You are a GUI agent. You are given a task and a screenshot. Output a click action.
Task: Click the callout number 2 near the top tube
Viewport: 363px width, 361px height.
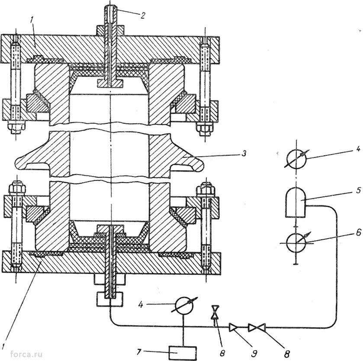tap(143, 15)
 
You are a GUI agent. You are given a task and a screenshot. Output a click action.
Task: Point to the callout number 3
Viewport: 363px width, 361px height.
tap(244, 154)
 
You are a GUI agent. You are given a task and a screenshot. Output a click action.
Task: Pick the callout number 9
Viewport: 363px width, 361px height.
tap(254, 353)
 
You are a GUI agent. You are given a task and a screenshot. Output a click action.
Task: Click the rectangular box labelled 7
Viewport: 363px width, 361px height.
tap(183, 353)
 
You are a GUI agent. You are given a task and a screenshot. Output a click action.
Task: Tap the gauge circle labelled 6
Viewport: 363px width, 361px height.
tap(296, 243)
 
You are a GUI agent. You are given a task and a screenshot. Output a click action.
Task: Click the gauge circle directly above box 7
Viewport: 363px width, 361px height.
tap(184, 306)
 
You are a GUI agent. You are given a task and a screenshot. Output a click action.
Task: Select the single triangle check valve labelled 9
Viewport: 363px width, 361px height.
tap(233, 328)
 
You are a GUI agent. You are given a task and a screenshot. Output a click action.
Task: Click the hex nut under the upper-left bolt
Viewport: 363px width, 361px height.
tap(16, 126)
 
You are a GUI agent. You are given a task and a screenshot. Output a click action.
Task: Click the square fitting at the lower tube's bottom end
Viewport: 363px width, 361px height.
tap(110, 299)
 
